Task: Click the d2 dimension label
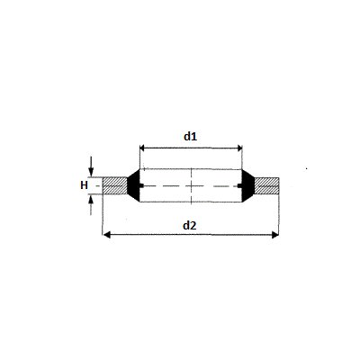189,225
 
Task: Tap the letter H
84,185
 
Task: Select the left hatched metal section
114,185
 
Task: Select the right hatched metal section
267,185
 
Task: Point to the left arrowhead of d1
142,147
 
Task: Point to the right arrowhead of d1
240,147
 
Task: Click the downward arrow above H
93,169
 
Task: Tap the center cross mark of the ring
193,185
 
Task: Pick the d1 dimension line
191,147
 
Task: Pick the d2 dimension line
191,235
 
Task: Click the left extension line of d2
103,216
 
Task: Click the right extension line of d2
280,216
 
